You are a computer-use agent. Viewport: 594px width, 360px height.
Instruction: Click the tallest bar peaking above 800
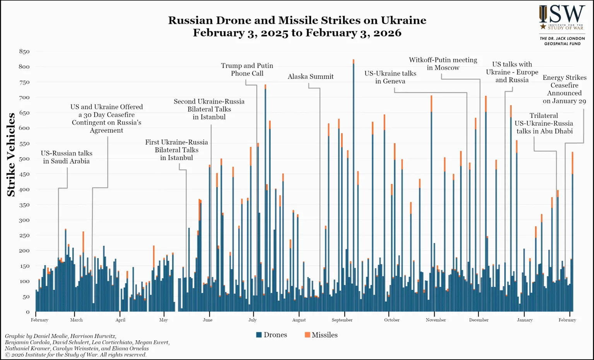click(353, 186)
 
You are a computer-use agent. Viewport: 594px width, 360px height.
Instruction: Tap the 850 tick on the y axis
click(24, 51)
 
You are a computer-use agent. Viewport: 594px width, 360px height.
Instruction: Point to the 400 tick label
click(24, 189)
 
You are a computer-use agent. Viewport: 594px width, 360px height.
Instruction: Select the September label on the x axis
click(342, 320)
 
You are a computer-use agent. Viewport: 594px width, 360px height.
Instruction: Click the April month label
click(120, 320)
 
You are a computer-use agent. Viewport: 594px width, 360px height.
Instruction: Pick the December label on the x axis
click(479, 320)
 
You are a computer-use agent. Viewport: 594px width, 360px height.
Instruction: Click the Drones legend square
click(259, 335)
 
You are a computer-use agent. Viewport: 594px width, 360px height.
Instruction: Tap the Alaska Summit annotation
click(311, 77)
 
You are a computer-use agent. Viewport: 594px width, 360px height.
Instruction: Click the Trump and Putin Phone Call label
click(247, 70)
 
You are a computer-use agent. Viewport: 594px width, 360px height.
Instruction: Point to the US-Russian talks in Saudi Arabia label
click(67, 157)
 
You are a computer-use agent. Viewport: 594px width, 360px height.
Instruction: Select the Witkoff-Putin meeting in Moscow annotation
click(443, 64)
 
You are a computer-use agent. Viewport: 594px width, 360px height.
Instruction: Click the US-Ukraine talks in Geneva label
click(390, 77)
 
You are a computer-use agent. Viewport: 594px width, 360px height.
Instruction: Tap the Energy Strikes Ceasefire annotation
click(564, 89)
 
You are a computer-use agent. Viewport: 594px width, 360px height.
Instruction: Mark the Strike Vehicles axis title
click(11, 155)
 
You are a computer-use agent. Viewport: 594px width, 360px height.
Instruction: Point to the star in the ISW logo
click(543, 27)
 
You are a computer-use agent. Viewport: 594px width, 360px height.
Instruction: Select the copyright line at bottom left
click(76, 355)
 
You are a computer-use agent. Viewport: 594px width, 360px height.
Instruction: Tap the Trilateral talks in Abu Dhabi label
click(544, 123)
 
